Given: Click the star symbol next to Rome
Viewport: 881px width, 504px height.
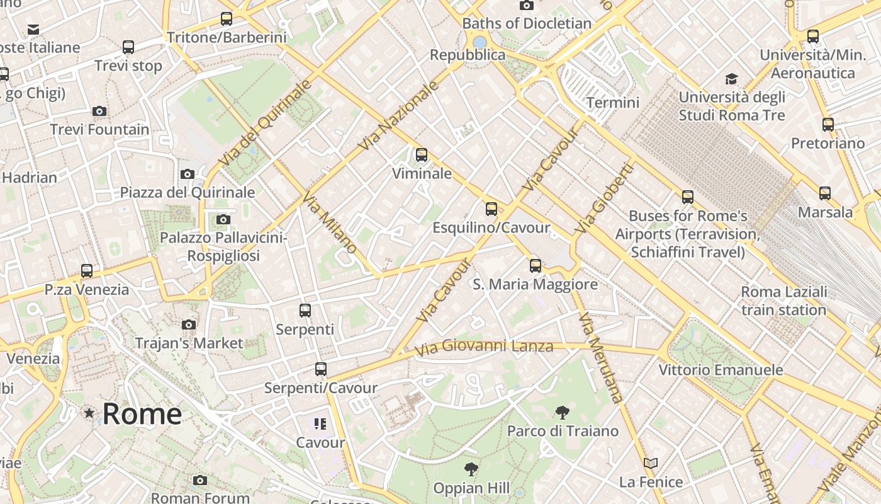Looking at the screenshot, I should [89, 413].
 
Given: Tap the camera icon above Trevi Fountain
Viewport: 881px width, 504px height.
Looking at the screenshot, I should [99, 112].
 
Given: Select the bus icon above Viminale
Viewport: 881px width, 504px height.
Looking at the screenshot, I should [422, 154].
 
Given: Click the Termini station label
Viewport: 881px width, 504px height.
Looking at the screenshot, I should [612, 102].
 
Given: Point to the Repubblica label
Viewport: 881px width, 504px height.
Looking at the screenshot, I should [467, 55].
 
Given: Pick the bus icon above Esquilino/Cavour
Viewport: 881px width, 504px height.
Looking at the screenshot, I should [491, 209].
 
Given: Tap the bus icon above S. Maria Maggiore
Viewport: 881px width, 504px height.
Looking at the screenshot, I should [536, 266].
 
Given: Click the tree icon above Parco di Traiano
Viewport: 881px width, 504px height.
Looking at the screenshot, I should [563, 413].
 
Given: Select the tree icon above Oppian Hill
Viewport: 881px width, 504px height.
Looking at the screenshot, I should [471, 469].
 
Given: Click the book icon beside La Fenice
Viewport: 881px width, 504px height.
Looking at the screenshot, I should [651, 464].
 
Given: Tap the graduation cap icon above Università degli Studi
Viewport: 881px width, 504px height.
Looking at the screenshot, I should [731, 79].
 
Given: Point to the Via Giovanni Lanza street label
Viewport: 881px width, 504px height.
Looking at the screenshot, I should [484, 346].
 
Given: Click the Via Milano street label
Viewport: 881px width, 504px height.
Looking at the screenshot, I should [330, 223].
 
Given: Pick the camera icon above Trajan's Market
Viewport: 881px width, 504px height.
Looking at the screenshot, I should [188, 325].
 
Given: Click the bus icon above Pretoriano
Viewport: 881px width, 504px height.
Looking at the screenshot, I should [828, 125].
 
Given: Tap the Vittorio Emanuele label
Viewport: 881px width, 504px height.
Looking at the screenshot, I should [721, 369].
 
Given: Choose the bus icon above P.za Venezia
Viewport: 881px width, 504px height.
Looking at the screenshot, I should [87, 271].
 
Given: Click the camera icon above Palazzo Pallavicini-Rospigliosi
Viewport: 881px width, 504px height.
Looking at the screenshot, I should [223, 220].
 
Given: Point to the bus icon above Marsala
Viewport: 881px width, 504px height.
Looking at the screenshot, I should [825, 193].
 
